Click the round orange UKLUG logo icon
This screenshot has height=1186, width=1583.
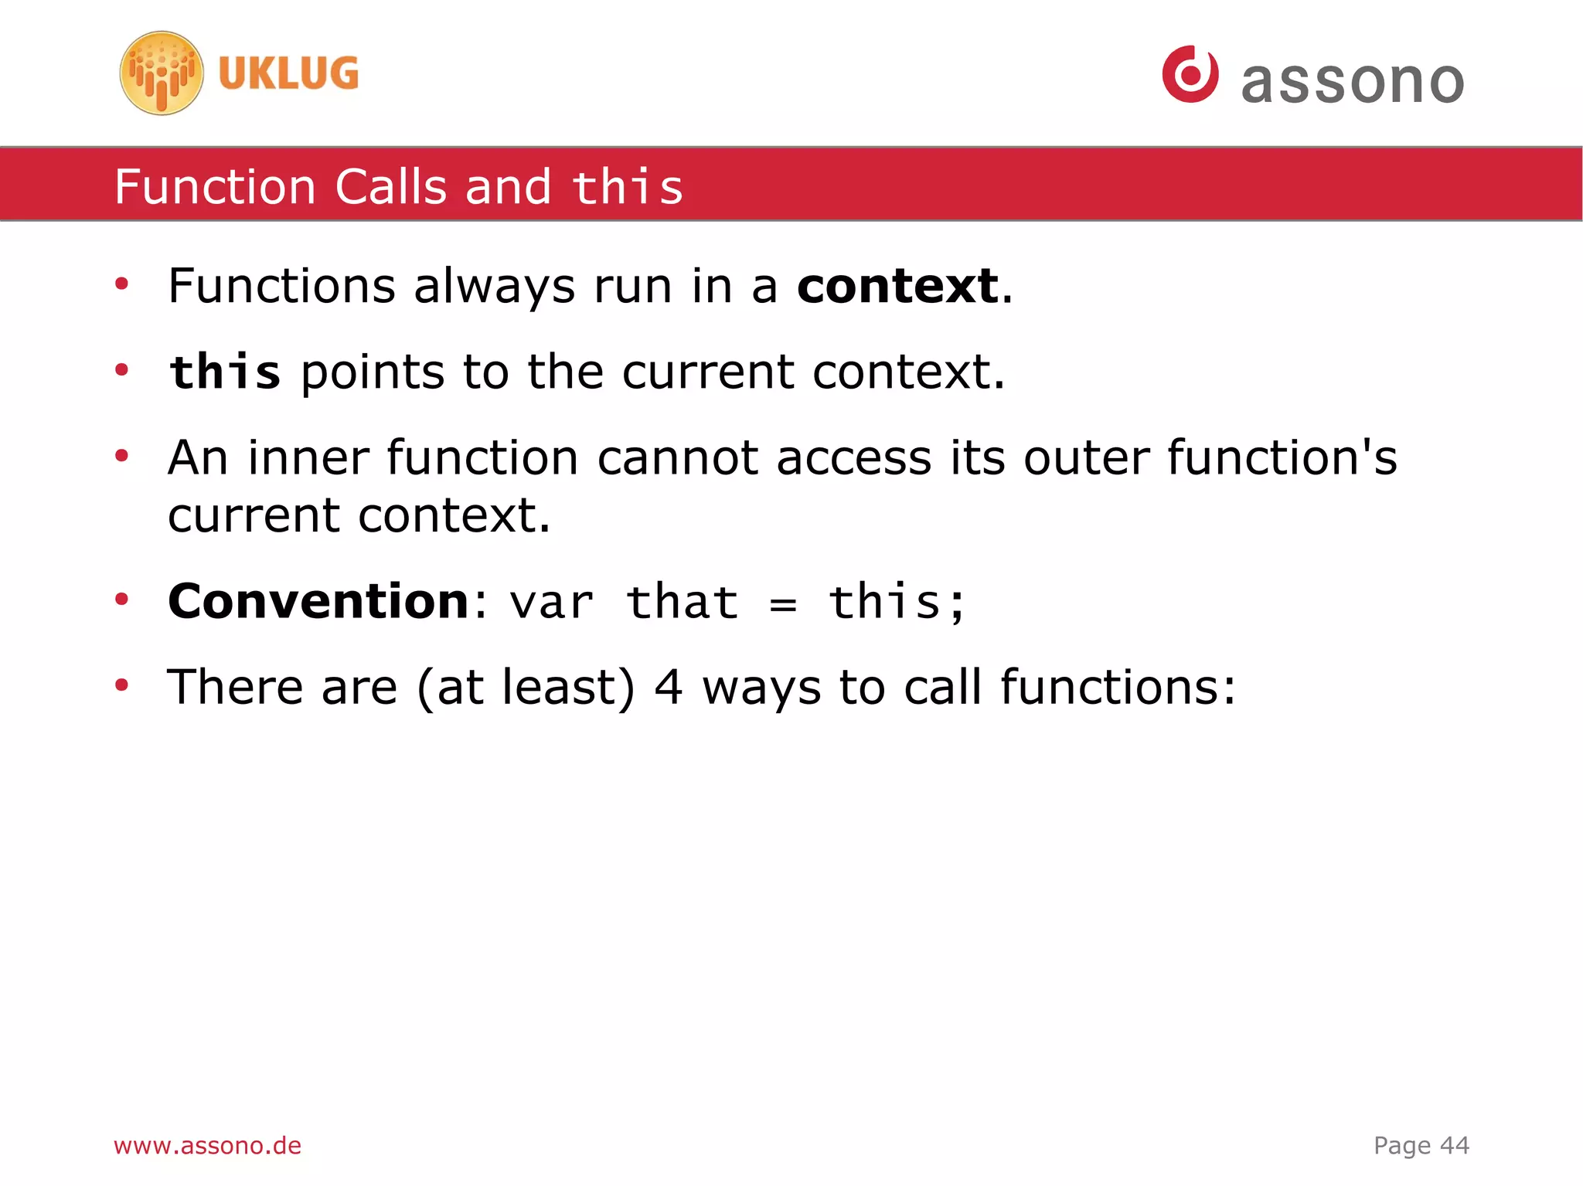(162, 73)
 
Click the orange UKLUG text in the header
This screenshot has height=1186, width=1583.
(288, 73)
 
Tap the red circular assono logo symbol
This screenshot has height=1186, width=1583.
(1190, 74)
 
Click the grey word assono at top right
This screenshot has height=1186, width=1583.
(1353, 82)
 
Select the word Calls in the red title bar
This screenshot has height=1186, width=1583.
(390, 187)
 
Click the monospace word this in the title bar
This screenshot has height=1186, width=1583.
(628, 188)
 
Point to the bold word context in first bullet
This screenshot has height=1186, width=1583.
(898, 287)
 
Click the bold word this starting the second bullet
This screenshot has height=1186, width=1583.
(225, 372)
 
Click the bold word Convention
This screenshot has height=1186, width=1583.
(318, 601)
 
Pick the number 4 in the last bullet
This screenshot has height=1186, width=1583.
(669, 688)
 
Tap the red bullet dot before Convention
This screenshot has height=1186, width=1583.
(121, 600)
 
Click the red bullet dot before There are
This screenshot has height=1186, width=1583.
(121, 685)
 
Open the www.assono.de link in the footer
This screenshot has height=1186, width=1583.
(207, 1145)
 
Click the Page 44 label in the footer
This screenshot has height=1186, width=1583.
(1421, 1145)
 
